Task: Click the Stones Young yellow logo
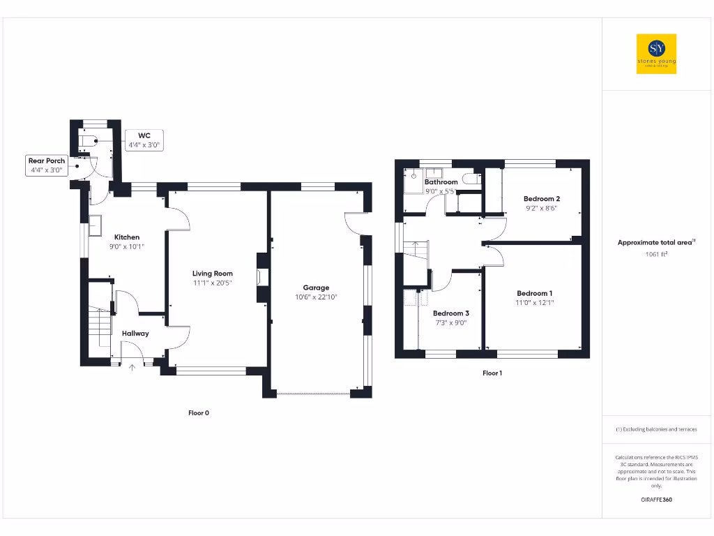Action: (656, 54)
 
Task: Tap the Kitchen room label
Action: (127, 237)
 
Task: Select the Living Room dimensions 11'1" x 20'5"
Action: (213, 283)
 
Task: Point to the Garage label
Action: (316, 288)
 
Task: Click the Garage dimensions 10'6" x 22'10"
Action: (316, 297)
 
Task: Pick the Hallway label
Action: (135, 334)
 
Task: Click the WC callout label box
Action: (144, 140)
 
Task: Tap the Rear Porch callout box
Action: (47, 165)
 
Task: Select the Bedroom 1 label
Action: (534, 293)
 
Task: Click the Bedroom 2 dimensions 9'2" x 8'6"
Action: (542, 208)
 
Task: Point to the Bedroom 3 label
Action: (450, 313)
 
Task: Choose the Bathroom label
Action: (441, 182)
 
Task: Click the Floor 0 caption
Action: (199, 413)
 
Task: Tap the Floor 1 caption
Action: (492, 373)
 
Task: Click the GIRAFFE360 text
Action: (656, 500)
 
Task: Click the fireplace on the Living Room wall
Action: (263, 277)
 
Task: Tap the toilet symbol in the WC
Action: (88, 140)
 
